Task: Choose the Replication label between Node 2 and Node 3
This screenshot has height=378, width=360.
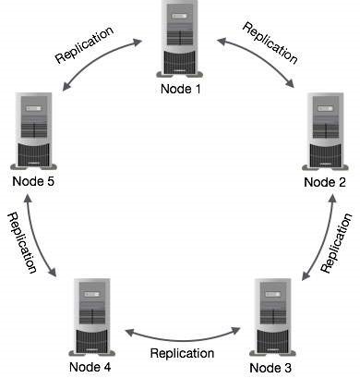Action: point(337,242)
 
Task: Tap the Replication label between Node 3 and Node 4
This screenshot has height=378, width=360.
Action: point(182,352)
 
